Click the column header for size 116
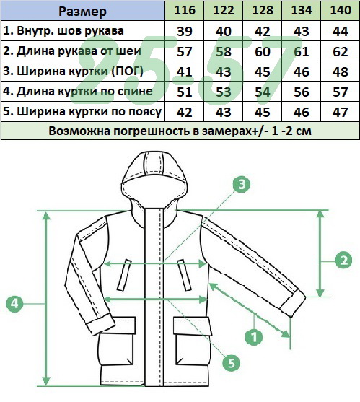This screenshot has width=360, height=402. tap(185, 10)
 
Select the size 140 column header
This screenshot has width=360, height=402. tap(341, 10)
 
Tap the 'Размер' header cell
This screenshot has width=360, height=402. tap(82, 12)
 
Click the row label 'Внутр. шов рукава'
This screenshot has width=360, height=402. tap(63, 31)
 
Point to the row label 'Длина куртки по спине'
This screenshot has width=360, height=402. tap(78, 92)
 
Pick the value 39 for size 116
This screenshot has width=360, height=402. tap(185, 31)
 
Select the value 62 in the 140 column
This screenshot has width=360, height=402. tap(341, 51)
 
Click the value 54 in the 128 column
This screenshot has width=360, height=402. tap(263, 92)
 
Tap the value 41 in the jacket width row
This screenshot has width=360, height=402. tap(185, 71)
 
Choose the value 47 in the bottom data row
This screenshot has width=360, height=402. tap(341, 113)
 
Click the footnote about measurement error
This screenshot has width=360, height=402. tap(180, 131)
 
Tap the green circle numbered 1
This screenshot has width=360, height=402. tap(254, 336)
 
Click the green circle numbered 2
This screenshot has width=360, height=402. tap(343, 261)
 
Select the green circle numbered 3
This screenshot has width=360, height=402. tap(242, 184)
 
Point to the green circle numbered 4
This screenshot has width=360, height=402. tap(14, 304)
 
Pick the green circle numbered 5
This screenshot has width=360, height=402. tap(231, 363)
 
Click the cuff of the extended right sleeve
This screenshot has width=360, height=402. tap(294, 304)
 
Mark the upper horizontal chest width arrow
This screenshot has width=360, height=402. tap(155, 263)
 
